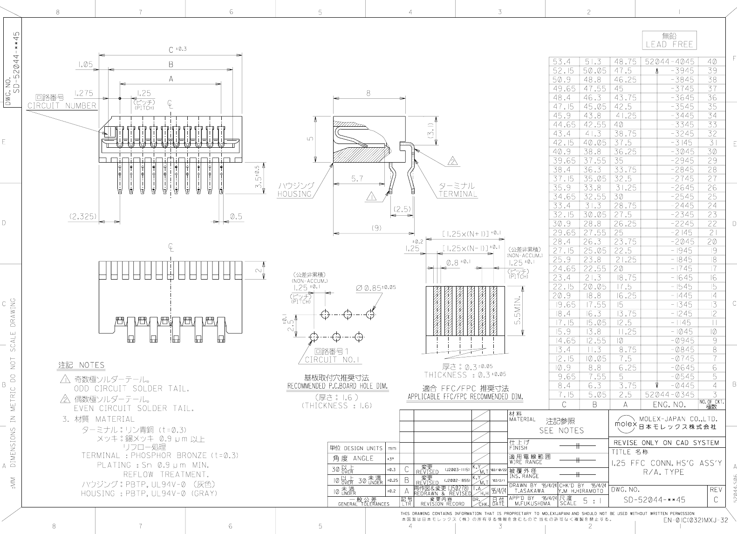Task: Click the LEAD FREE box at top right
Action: (x=669, y=40)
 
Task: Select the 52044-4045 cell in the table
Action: (x=669, y=62)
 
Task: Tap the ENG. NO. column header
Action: (x=669, y=404)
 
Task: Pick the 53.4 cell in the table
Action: (x=563, y=62)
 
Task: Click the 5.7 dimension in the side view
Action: (x=358, y=178)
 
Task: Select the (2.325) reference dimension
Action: (x=82, y=216)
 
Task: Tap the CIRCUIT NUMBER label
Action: (x=61, y=106)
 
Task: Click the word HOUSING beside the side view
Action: (x=294, y=194)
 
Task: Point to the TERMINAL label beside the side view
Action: (x=457, y=194)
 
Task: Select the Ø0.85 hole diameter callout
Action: (x=375, y=288)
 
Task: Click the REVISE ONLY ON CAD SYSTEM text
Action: (x=666, y=443)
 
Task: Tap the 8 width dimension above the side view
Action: (x=368, y=93)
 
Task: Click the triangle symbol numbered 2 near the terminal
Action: (x=452, y=162)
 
